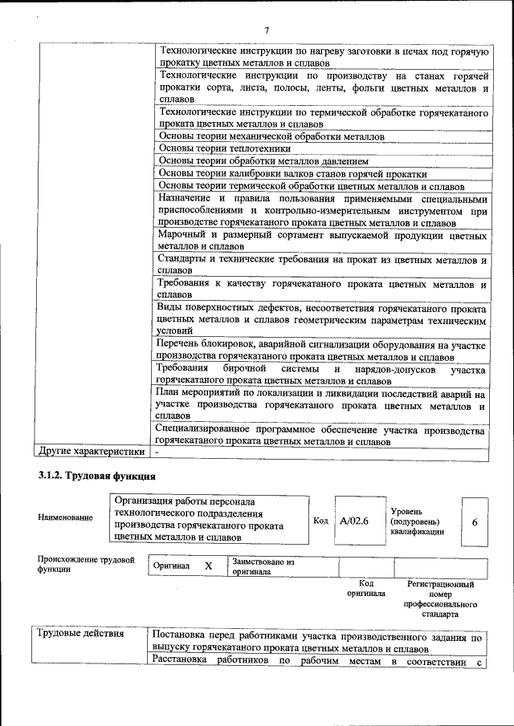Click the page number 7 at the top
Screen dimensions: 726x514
[266, 30]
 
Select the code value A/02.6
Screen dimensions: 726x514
[354, 521]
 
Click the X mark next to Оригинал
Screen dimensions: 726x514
[208, 566]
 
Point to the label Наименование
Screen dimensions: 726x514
[66, 517]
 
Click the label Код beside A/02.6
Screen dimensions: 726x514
[320, 521]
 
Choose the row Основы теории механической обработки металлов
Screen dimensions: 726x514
[271, 136]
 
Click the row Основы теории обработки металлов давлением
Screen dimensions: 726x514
[263, 160]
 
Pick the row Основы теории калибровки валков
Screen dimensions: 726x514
[292, 173]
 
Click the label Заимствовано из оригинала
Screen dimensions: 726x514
[263, 567]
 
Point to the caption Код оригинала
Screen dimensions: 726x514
[366, 589]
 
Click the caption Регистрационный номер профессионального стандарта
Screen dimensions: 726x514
[441, 599]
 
